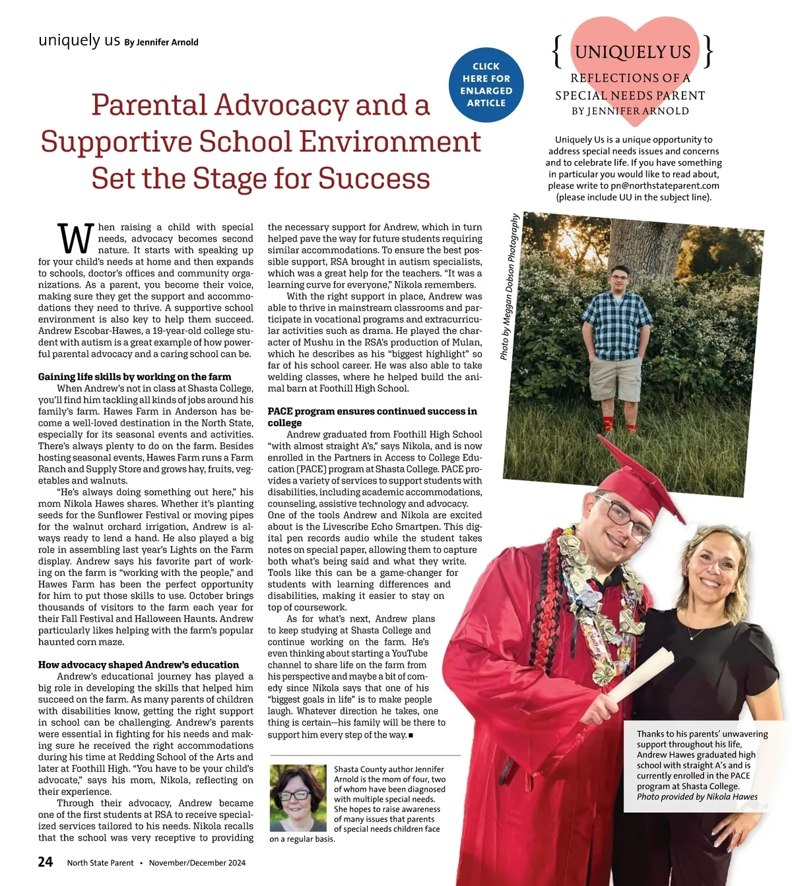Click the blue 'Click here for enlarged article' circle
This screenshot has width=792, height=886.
pos(486,85)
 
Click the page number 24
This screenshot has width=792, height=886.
pos(46,862)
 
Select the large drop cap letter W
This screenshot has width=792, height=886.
pos(75,239)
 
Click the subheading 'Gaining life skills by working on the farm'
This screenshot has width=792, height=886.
pos(135,377)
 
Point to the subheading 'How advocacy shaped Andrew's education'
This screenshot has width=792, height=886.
pos(139,664)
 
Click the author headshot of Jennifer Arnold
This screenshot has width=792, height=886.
pos(298,798)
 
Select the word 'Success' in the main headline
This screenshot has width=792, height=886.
pos(374,178)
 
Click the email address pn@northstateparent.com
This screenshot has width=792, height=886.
pos(665,185)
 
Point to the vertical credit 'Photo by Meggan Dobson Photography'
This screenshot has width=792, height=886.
pos(509,286)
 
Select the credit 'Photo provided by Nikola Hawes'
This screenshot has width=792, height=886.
pos(697,796)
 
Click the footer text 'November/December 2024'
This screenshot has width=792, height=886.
pos(197,863)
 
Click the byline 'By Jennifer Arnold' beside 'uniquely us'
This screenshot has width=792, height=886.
pos(161,42)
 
